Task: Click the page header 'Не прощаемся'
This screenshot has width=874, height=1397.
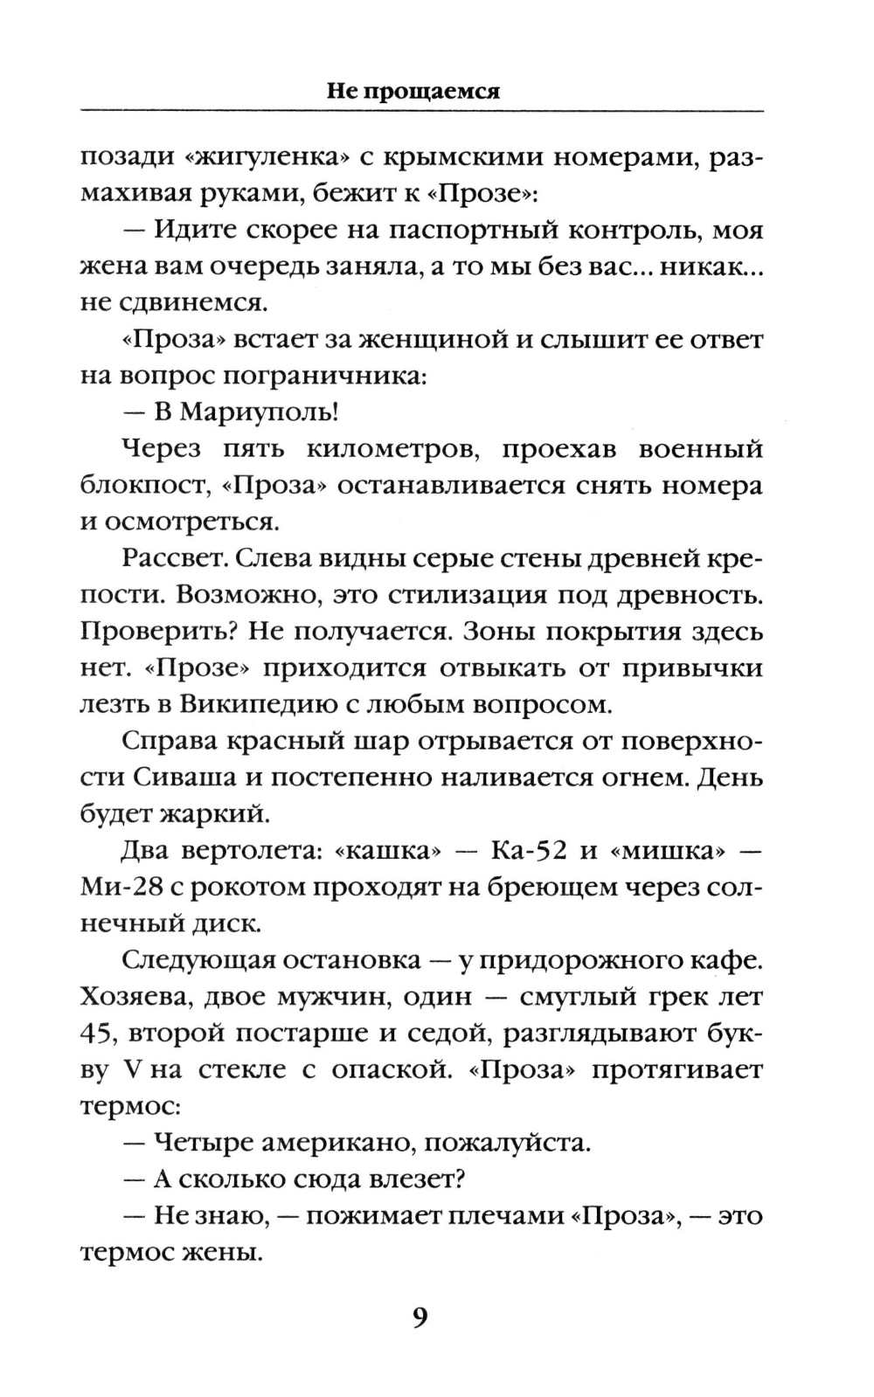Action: pos(413,92)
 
